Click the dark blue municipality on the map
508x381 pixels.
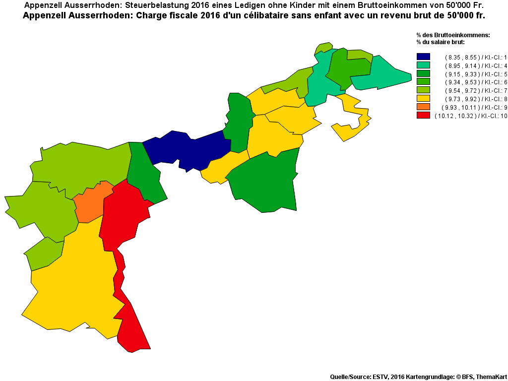[189, 149]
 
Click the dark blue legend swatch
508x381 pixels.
[423, 57]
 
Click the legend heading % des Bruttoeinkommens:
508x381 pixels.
[453, 35]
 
